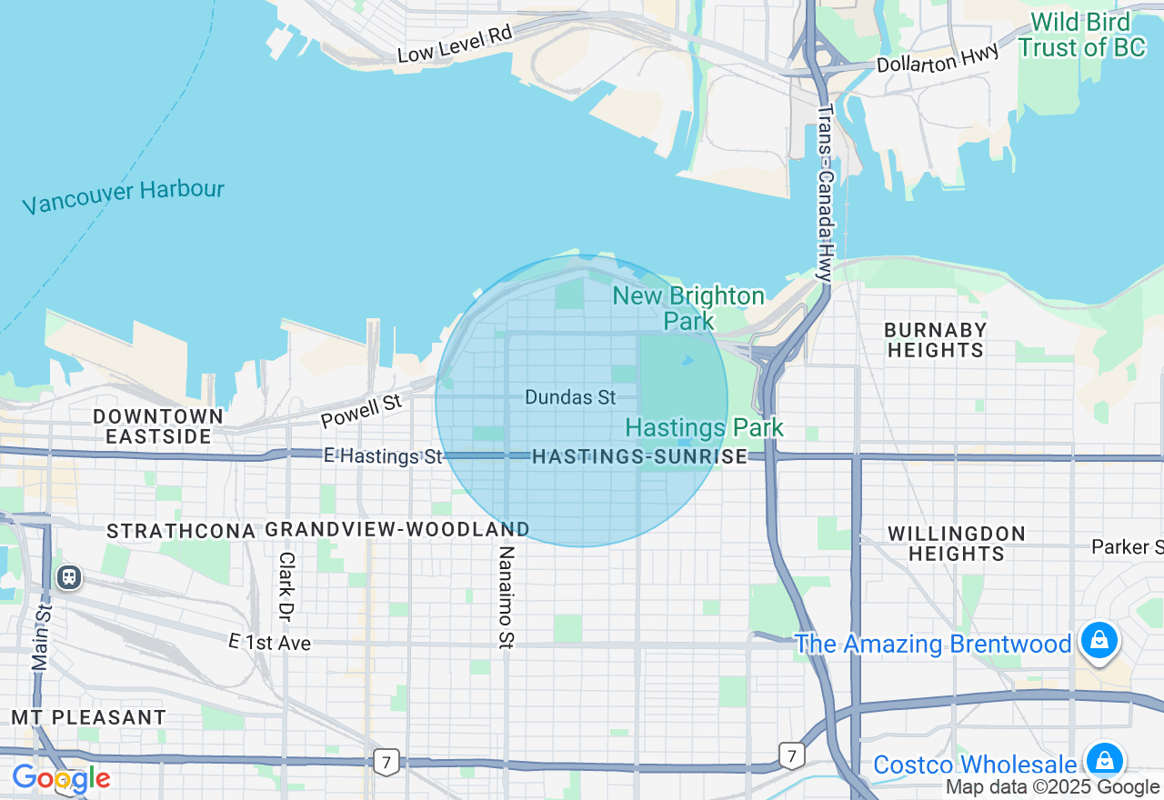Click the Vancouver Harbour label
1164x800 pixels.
pyautogui.click(x=123, y=196)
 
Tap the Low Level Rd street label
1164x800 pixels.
pyautogui.click(x=456, y=44)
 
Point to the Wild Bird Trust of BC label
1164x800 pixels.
pyautogui.click(x=1082, y=35)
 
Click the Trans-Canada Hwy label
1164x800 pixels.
pyautogui.click(x=824, y=192)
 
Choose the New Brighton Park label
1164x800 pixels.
pyautogui.click(x=688, y=307)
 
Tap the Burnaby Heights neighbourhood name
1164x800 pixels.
pyautogui.click(x=935, y=339)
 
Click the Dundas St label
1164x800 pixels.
pyautogui.click(x=570, y=397)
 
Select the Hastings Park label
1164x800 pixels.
pyautogui.click(x=704, y=427)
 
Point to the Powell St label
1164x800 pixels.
pyautogui.click(x=361, y=410)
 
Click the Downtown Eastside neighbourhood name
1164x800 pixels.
pyautogui.click(x=158, y=426)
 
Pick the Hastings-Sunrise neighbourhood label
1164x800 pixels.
pyautogui.click(x=639, y=456)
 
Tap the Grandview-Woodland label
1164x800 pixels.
pyautogui.click(x=397, y=529)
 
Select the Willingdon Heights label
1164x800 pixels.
pyautogui.click(x=956, y=543)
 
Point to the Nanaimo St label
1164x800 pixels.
pyautogui.click(x=507, y=596)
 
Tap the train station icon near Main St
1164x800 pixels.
pyautogui.click(x=68, y=576)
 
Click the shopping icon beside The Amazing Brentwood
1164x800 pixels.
pyautogui.click(x=1099, y=641)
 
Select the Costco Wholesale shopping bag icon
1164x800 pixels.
pyautogui.click(x=1104, y=761)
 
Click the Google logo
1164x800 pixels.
pyautogui.click(x=61, y=778)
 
